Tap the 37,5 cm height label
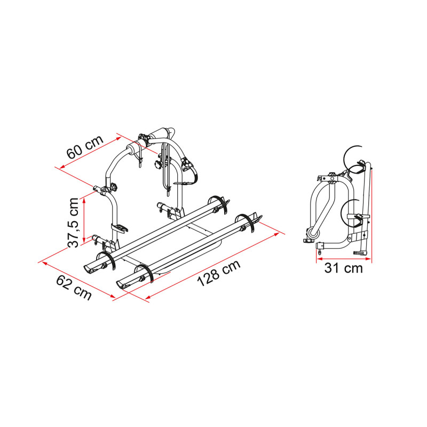[x=75, y=223]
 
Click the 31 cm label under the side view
[x=343, y=268]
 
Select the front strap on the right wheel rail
[x=146, y=274]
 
